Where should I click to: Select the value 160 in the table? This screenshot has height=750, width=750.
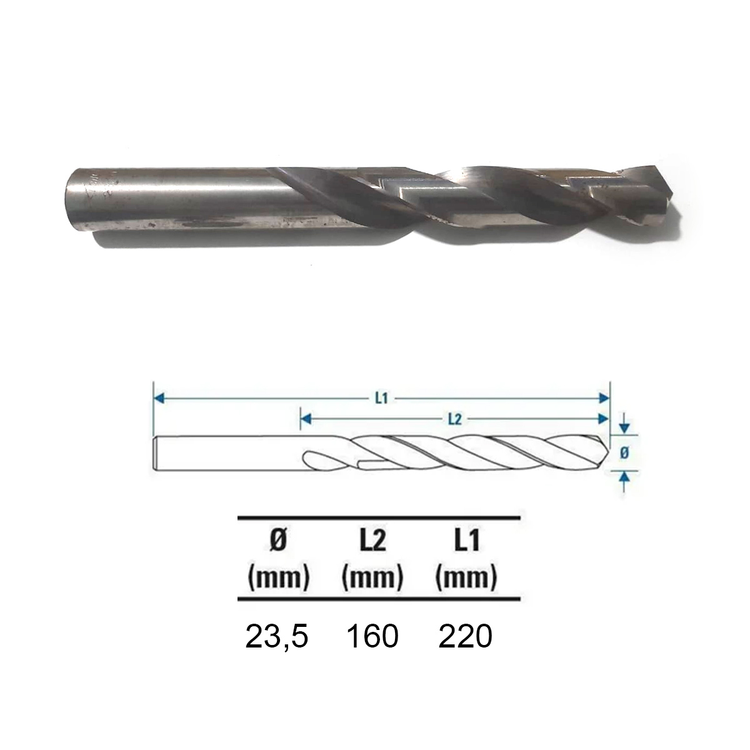(372, 636)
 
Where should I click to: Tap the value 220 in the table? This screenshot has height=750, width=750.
(465, 636)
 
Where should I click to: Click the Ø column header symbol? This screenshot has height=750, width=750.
(278, 541)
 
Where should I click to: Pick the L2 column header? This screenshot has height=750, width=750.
(372, 541)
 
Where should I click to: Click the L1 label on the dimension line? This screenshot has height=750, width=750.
(382, 398)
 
